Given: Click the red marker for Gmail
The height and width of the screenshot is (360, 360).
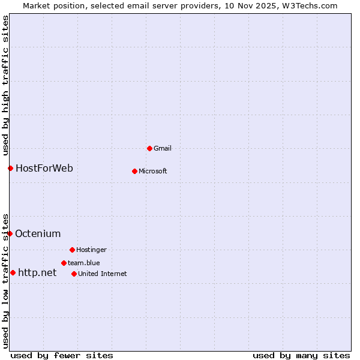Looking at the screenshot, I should click(149, 148).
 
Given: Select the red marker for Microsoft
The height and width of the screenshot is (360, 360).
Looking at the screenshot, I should click(134, 171).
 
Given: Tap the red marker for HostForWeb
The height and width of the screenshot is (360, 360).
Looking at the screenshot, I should click(10, 168).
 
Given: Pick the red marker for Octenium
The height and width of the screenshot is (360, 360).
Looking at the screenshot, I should click(10, 233).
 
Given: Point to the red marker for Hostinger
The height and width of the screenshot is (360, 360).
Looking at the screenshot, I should click(72, 250).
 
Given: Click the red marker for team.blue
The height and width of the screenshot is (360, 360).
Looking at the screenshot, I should click(64, 263).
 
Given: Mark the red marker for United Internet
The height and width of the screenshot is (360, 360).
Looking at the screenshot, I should click(74, 274).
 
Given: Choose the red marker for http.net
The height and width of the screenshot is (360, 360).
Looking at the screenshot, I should click(13, 272).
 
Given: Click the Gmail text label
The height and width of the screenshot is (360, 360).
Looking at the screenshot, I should click(163, 148).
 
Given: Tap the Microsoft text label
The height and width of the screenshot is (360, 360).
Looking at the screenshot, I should click(153, 171).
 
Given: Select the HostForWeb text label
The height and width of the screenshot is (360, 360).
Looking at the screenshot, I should click(44, 168).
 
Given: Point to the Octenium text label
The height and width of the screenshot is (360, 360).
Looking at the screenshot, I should click(38, 233).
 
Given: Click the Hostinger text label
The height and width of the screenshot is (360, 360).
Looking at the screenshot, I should click(91, 250).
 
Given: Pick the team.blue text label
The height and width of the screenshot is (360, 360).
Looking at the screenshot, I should click(84, 263).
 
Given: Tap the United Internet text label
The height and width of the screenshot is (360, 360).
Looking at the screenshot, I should click(103, 274).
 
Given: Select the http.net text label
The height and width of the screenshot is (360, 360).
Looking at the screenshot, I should click(37, 272).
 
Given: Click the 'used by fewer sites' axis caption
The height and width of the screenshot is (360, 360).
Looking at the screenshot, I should click(62, 355).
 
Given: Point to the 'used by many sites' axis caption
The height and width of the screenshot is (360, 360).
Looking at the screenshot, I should click(301, 355).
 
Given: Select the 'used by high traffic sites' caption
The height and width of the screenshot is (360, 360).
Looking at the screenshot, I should click(5, 83).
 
